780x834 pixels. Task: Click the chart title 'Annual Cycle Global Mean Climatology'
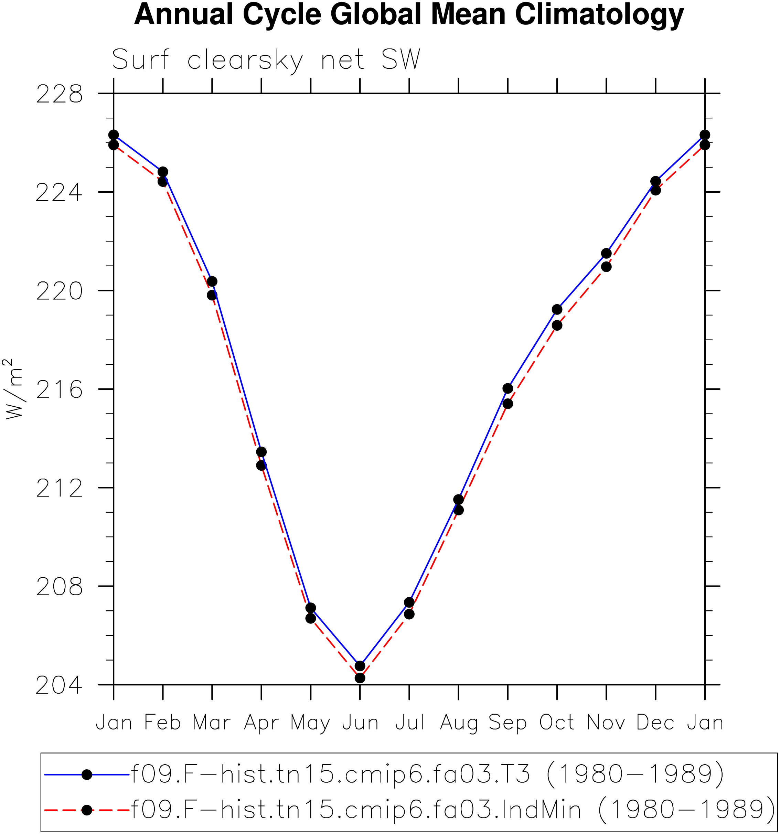click(x=409, y=15)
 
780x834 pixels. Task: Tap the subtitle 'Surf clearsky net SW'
click(x=266, y=60)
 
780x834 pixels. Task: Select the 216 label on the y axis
click(x=59, y=390)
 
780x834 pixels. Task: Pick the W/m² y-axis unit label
click(x=13, y=388)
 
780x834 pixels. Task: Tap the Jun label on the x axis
click(x=360, y=723)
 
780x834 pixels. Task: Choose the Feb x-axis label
click(x=163, y=723)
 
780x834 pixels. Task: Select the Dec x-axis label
click(x=655, y=723)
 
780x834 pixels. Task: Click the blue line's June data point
click(x=360, y=666)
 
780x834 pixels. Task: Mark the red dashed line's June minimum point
click(x=360, y=678)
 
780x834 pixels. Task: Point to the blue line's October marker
click(x=557, y=310)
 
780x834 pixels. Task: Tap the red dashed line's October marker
click(x=557, y=325)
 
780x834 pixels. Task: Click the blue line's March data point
click(x=212, y=281)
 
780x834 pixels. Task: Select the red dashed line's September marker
click(x=508, y=404)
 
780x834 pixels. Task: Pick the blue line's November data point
click(x=606, y=253)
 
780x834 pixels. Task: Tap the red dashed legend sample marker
click(x=87, y=810)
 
